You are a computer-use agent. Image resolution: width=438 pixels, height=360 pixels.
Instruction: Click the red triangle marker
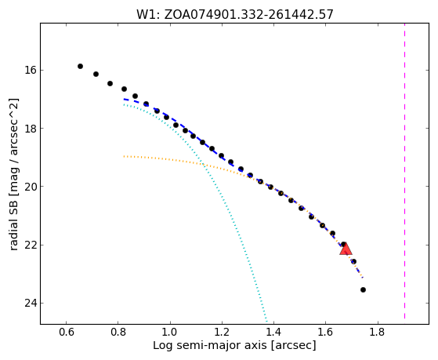pyautogui.click(x=346, y=249)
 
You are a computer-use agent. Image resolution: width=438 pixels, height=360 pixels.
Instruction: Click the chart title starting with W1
pyautogui.click(x=235, y=15)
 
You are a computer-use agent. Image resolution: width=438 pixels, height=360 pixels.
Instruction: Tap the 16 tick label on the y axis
pyautogui.click(x=31, y=70)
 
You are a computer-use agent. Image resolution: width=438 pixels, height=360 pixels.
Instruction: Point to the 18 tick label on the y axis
pyautogui.click(x=31, y=128)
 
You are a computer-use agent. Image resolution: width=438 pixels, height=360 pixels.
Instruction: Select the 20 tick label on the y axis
pyautogui.click(x=31, y=187)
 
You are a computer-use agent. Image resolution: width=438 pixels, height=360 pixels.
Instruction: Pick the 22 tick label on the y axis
pyautogui.click(x=31, y=245)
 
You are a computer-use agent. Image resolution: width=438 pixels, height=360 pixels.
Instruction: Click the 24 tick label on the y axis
pyautogui.click(x=31, y=303)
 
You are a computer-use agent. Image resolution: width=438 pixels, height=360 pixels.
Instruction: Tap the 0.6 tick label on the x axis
pyautogui.click(x=66, y=333)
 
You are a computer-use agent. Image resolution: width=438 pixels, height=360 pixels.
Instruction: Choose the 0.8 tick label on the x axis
pyautogui.click(x=118, y=333)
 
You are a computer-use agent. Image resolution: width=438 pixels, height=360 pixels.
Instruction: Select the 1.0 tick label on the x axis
pyautogui.click(x=170, y=333)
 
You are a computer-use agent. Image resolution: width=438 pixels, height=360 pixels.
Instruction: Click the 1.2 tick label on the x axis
pyautogui.click(x=222, y=333)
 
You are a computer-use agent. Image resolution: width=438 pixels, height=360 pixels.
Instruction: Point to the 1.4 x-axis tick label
pyautogui.click(x=273, y=333)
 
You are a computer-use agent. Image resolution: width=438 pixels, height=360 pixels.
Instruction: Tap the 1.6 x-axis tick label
pyautogui.click(x=325, y=333)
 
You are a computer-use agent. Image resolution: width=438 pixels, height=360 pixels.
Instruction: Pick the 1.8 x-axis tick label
pyautogui.click(x=378, y=333)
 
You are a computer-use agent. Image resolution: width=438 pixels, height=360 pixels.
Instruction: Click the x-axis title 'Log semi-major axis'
pyautogui.click(x=210, y=346)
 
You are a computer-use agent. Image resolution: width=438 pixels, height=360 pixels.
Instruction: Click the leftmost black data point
pyautogui.click(x=80, y=67)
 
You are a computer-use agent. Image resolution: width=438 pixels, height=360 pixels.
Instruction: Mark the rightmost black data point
pyautogui.click(x=363, y=289)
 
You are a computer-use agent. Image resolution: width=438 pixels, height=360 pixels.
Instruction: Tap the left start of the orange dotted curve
pyautogui.click(x=124, y=156)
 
